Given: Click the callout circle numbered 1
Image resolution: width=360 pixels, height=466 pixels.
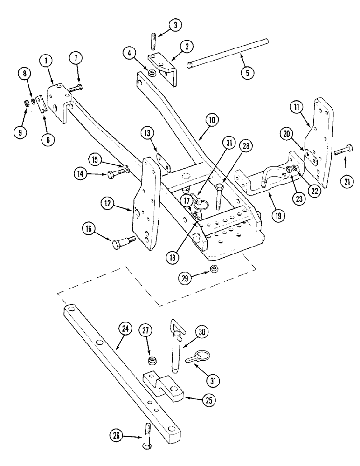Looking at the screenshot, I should (x=46, y=61).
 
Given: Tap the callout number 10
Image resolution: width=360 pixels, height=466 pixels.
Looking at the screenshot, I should (x=212, y=120).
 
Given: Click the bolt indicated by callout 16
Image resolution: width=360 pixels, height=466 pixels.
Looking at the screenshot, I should (x=124, y=241).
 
